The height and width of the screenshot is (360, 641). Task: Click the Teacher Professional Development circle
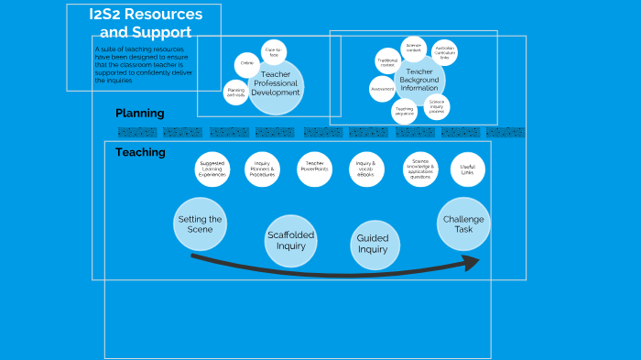(x=275, y=87)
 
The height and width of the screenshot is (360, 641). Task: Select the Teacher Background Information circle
(x=419, y=81)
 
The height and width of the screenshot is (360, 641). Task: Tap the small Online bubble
(x=246, y=64)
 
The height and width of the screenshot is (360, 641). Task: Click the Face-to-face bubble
(x=273, y=51)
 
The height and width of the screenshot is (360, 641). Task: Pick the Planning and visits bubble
(x=235, y=93)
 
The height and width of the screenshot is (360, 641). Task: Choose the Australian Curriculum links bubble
(x=444, y=53)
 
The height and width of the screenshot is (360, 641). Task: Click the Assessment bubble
(x=383, y=89)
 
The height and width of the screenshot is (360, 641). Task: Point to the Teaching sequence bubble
(x=405, y=111)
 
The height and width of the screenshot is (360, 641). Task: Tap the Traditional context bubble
(x=387, y=62)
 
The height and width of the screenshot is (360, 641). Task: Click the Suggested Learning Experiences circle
(x=212, y=169)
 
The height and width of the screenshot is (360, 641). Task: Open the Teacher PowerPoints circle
(x=314, y=169)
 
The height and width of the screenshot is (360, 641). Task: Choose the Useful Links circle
(x=468, y=169)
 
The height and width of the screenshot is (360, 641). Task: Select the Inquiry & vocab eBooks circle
(x=365, y=169)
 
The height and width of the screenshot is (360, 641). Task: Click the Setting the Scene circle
(x=200, y=224)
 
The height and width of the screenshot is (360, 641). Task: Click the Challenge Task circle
(x=463, y=224)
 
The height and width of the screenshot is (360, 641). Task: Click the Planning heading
(x=139, y=114)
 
